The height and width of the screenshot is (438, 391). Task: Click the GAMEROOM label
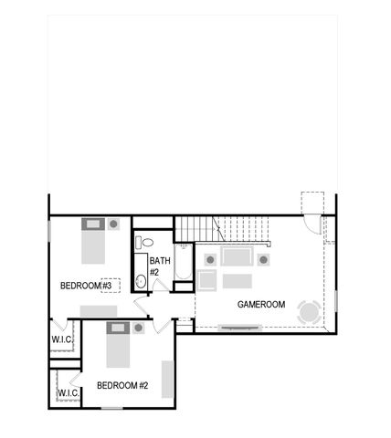pyautogui.click(x=261, y=304)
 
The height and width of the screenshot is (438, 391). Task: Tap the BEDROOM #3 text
pyautogui.click(x=86, y=286)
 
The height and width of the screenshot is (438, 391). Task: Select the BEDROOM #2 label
pyautogui.click(x=122, y=385)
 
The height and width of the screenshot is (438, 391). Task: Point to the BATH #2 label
pyautogui.click(x=154, y=267)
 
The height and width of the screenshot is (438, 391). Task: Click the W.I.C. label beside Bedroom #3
pyautogui.click(x=61, y=340)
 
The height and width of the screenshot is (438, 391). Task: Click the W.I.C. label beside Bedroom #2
pyautogui.click(x=68, y=393)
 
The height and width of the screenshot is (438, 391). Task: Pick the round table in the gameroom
pyautogui.click(x=310, y=312)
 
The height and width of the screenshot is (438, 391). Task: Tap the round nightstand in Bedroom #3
pyautogui.click(x=113, y=223)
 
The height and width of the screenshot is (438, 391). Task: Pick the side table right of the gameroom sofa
pyautogui.click(x=263, y=259)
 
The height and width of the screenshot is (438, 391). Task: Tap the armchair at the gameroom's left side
pyautogui.click(x=206, y=279)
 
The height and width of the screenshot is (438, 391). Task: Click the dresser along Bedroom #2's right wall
pyautogui.click(x=167, y=380)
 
